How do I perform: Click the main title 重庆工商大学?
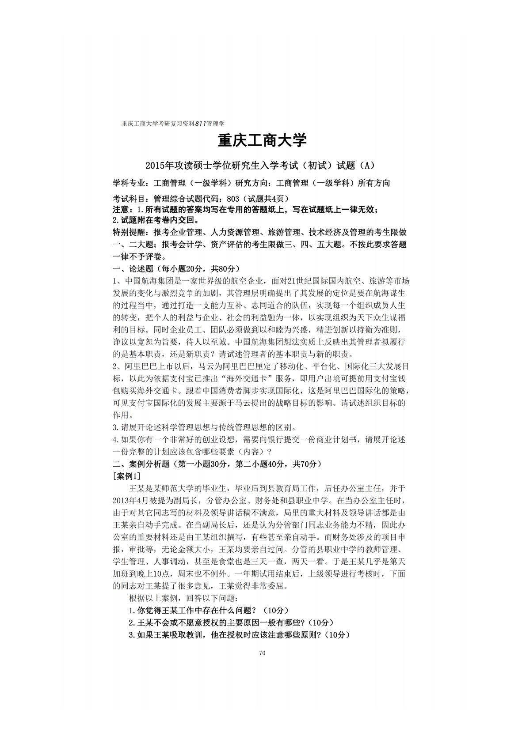tap(263, 141)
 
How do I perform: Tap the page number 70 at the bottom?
tap(263, 653)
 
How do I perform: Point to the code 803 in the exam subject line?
tap(233, 199)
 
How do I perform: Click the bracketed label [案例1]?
tap(127, 476)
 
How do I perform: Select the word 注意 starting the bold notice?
tap(121, 209)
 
